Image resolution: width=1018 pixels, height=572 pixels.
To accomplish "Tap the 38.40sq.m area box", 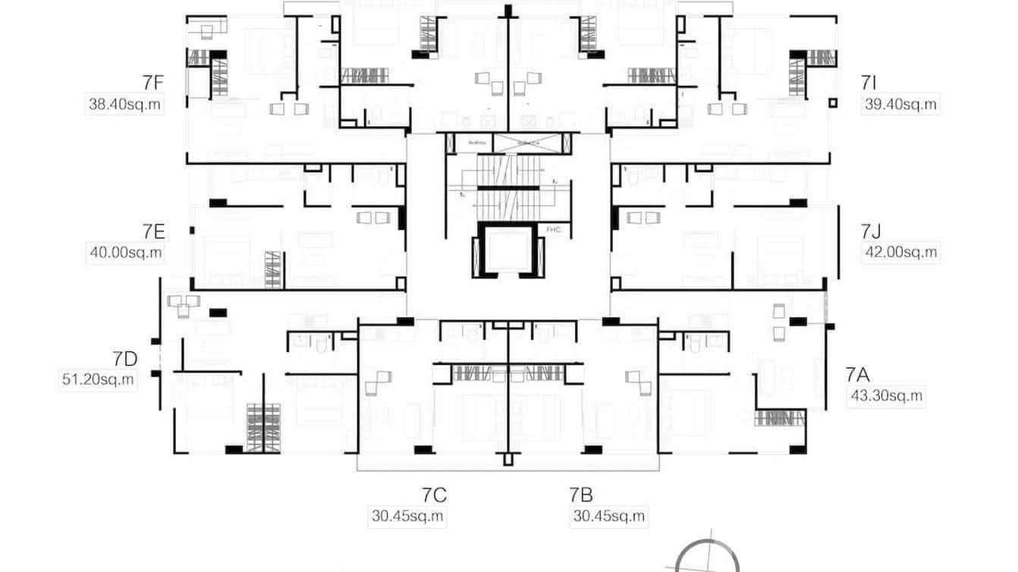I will tap(125, 105).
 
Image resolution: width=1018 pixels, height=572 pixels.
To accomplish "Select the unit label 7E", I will tap(152, 231).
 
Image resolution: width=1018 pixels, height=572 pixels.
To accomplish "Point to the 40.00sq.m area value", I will tap(125, 253).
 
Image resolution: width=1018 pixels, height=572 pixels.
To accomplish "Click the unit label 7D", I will tap(124, 358).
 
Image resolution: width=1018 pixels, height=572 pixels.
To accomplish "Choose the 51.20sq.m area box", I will tap(98, 379).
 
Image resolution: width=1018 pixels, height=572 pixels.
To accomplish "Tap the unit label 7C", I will tap(434, 495).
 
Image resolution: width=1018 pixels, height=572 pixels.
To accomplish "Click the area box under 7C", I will tap(408, 517).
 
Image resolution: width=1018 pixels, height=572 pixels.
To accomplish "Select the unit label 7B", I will tap(581, 495).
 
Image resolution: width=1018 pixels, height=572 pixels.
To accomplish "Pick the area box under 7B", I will tap(608, 517).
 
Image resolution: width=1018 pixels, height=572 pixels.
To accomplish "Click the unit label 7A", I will tap(857, 374).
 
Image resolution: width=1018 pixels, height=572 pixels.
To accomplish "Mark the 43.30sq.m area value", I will tap(886, 395).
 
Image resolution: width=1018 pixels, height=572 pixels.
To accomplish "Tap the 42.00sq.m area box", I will tap(901, 253).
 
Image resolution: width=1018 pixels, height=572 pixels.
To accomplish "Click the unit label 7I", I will tap(869, 83).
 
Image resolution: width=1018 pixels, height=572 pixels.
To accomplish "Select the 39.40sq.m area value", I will tap(901, 105).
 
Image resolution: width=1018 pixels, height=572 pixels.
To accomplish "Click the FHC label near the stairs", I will tap(553, 229).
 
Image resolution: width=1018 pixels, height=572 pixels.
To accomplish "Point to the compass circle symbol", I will tap(707, 558).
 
